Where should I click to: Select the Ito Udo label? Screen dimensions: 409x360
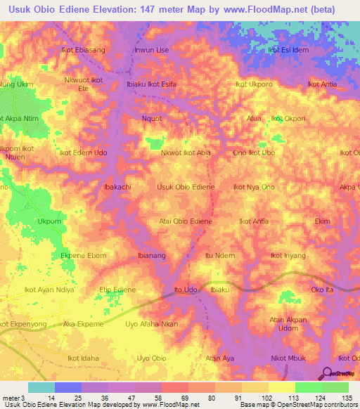click(x=185, y=290)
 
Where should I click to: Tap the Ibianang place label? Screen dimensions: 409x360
click(x=151, y=255)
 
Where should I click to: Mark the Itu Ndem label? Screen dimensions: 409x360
click(x=219, y=255)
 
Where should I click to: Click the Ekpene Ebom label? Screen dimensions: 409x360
click(x=84, y=255)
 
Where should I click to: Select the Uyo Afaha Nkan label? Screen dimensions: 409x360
click(x=151, y=324)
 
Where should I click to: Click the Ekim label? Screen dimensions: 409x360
click(x=322, y=221)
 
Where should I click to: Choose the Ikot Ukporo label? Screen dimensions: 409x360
click(x=254, y=84)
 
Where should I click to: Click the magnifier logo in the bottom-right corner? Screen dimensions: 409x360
click(x=327, y=373)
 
